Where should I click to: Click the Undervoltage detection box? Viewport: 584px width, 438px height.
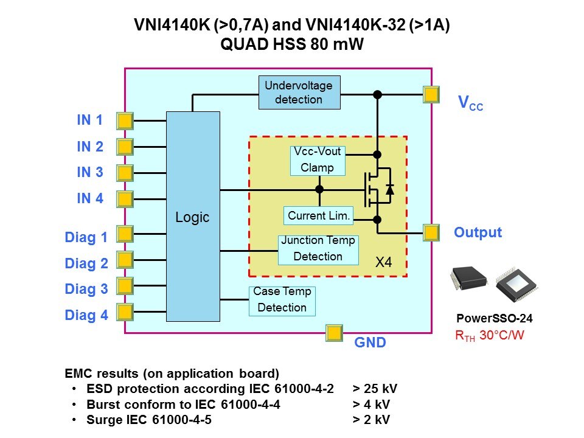pos(299,92)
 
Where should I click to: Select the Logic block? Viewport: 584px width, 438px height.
pos(193,216)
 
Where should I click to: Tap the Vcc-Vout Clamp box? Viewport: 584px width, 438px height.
pos(317,160)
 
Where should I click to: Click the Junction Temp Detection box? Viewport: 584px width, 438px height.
pos(318,249)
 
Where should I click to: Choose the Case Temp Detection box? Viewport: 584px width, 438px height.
pos(282,300)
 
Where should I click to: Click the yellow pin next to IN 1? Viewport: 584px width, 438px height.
pos(125,120)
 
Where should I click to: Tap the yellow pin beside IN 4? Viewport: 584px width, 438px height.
pos(125,199)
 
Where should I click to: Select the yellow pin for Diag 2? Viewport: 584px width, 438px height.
pos(125,260)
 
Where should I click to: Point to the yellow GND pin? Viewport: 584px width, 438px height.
pos(334,333)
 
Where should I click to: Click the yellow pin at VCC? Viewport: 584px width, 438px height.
pos(431,94)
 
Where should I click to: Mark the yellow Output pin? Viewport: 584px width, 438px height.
pos(431,232)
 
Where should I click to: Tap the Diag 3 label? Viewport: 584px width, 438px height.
pos(86,290)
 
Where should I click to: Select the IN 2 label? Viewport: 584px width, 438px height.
pos(90,147)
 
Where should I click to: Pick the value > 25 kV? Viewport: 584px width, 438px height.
pos(375,389)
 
